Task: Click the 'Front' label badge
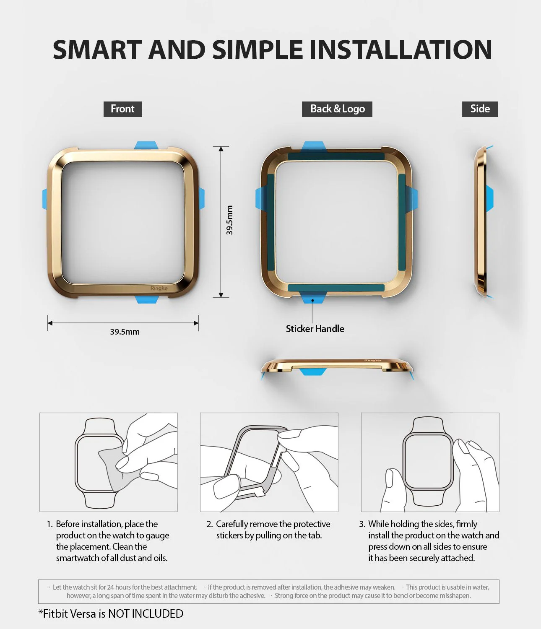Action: click(x=122, y=109)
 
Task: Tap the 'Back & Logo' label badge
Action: click(x=337, y=109)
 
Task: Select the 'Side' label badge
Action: click(x=480, y=109)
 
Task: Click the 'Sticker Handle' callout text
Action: click(x=315, y=329)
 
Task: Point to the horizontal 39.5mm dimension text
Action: click(x=125, y=332)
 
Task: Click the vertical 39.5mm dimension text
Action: click(x=229, y=220)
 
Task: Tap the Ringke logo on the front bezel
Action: click(x=159, y=288)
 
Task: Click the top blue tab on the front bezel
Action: click(x=146, y=145)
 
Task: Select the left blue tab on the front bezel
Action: click(x=44, y=199)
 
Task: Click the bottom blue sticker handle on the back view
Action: click(x=313, y=297)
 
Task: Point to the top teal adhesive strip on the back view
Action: click(x=336, y=156)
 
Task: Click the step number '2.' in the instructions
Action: click(x=210, y=524)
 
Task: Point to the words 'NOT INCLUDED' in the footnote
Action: click(x=146, y=613)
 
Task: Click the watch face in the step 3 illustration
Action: click(x=427, y=461)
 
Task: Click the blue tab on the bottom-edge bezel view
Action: click(x=312, y=371)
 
